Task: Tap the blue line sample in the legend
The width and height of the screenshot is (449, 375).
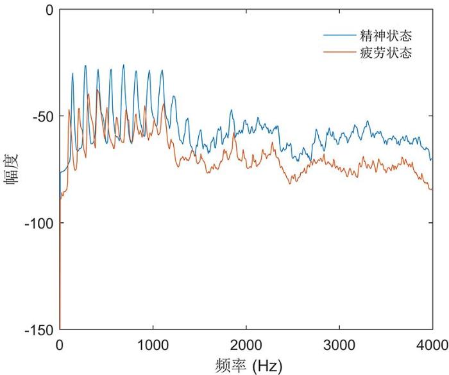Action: (337, 35)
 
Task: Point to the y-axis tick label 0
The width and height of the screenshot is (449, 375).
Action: (47, 10)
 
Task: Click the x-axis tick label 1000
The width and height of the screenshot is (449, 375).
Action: (153, 343)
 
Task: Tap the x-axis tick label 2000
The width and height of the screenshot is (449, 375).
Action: (246, 343)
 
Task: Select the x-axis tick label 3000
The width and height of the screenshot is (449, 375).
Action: (339, 343)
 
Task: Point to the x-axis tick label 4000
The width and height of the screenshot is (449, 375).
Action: (431, 343)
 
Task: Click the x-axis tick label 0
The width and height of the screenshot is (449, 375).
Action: (60, 343)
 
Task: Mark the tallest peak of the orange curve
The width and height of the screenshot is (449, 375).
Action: (97, 91)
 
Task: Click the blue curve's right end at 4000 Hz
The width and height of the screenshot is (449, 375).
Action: (432, 159)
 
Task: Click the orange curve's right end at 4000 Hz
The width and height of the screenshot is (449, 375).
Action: (432, 189)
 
